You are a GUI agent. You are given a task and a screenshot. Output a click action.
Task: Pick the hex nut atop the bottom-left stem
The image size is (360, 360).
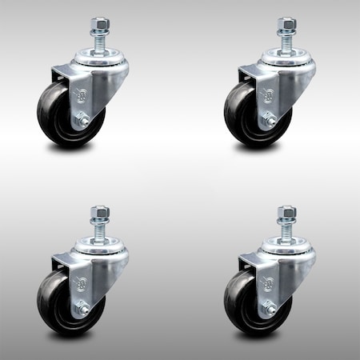(100, 212)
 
